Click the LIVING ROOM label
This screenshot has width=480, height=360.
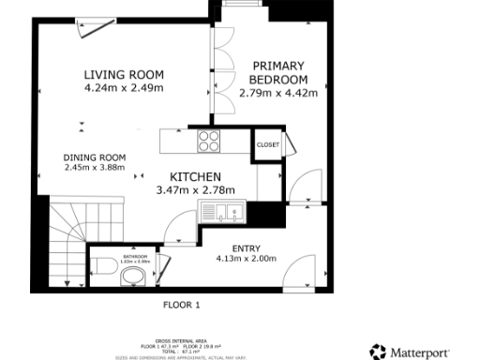coord(123,75)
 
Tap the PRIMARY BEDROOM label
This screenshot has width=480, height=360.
coord(278,72)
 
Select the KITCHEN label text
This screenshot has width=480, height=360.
coord(195,176)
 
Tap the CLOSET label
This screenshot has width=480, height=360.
coord(268,145)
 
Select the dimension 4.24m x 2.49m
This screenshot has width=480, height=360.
coord(123,89)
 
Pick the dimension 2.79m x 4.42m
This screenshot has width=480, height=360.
coord(278,93)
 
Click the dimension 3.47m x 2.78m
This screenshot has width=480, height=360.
coord(195,190)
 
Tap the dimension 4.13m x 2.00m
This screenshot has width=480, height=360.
coord(246,258)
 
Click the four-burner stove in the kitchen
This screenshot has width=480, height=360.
coord(208,142)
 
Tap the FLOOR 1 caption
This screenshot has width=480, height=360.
coord(182,305)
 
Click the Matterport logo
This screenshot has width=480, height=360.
coord(421,352)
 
